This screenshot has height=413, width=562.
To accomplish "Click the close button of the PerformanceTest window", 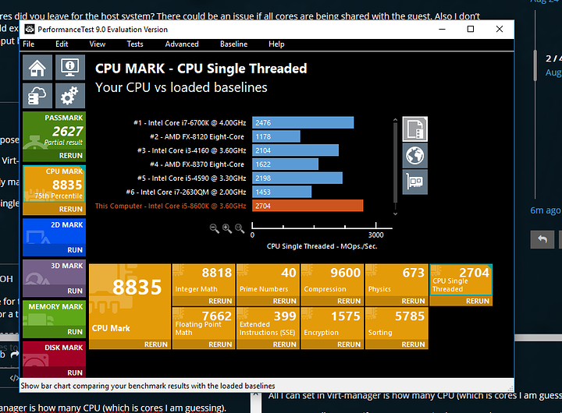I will tap(500, 30).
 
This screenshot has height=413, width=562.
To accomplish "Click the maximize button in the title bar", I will tap(470, 30).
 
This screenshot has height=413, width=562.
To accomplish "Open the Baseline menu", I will tap(233, 44).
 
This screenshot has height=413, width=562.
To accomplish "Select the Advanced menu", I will tap(182, 44).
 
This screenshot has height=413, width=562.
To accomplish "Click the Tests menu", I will tap(135, 44).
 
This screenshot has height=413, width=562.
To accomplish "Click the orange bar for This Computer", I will tap(308, 206).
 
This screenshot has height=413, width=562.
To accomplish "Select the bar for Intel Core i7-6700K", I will tap(303, 122).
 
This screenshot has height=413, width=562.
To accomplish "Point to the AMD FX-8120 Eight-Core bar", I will tap(276, 136).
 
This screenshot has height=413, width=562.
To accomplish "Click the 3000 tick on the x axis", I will tap(375, 234).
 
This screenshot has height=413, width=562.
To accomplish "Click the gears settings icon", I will tap(69, 96).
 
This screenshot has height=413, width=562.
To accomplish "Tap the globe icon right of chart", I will tap(415, 155).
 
